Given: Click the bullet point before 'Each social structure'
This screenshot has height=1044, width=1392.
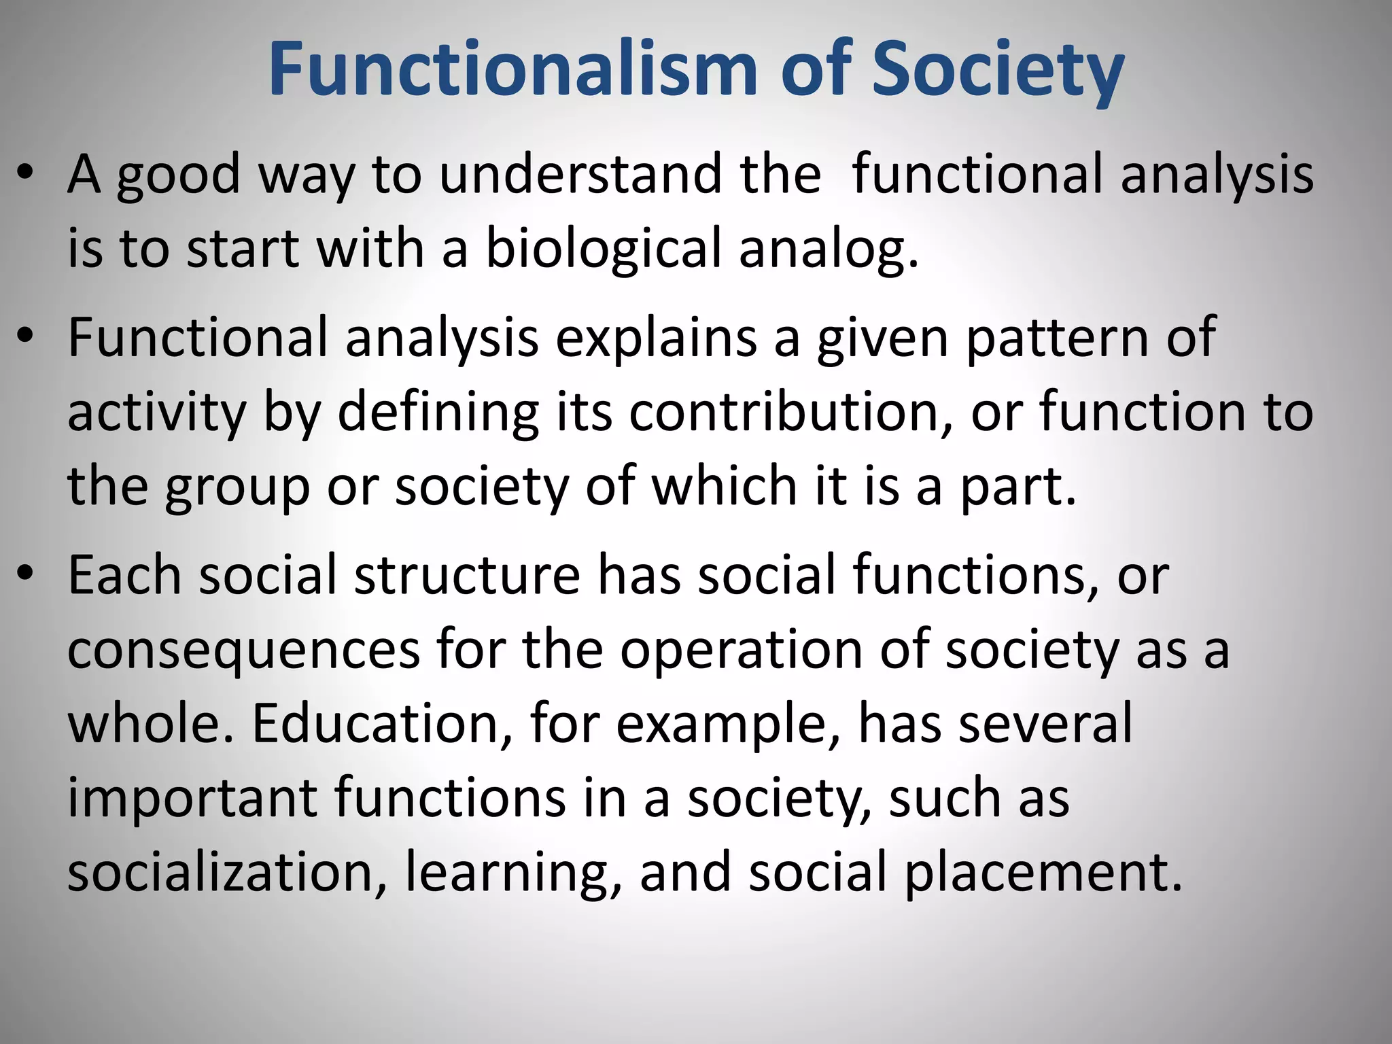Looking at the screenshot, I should [25, 574].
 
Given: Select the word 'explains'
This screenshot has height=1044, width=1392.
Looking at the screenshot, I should [657, 338].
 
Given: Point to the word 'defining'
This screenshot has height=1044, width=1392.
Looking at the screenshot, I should [438, 412].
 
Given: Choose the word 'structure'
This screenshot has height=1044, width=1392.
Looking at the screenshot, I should [467, 575].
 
